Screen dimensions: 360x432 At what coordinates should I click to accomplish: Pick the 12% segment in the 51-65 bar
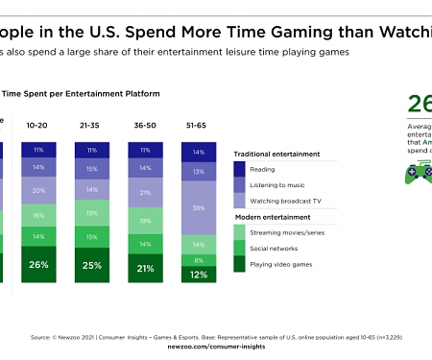(x=199, y=275)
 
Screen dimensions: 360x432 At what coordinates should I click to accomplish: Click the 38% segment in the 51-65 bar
(x=199, y=207)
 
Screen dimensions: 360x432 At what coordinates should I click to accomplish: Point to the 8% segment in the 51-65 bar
(x=199, y=260)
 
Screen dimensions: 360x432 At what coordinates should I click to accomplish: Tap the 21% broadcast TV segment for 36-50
(x=146, y=193)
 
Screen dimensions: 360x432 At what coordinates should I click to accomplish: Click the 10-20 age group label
(x=36, y=125)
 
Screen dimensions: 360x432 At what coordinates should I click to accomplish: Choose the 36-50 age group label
(x=146, y=125)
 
